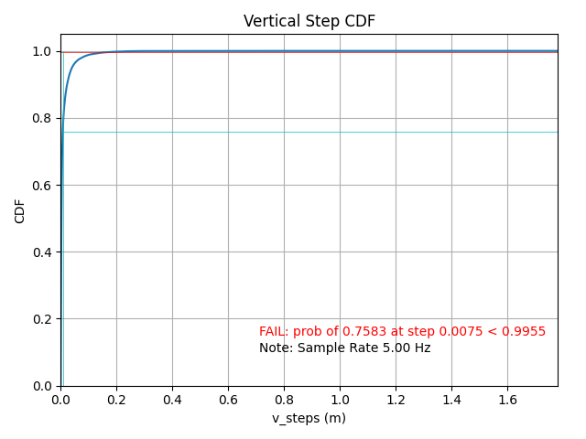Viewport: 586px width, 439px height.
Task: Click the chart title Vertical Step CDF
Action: click(309, 21)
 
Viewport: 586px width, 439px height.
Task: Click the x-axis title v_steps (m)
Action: click(309, 418)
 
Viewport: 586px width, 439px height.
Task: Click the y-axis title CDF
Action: click(20, 210)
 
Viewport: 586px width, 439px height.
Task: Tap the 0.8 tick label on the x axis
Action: click(284, 401)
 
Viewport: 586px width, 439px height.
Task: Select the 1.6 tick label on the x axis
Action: click(507, 401)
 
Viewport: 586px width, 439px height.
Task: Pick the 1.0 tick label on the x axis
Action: click(340, 401)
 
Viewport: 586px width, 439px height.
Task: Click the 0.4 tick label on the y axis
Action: click(43, 252)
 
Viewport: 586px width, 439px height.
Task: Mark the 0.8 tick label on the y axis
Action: click(43, 119)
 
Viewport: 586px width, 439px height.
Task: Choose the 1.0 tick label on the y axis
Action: click(43, 52)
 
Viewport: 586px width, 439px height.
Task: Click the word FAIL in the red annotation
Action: click(273, 332)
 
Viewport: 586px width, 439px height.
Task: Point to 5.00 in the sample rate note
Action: click(393, 348)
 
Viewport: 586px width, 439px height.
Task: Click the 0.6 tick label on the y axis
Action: click(43, 186)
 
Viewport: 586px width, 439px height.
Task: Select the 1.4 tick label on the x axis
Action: click(451, 401)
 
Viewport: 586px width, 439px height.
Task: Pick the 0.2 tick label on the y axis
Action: click(43, 319)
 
